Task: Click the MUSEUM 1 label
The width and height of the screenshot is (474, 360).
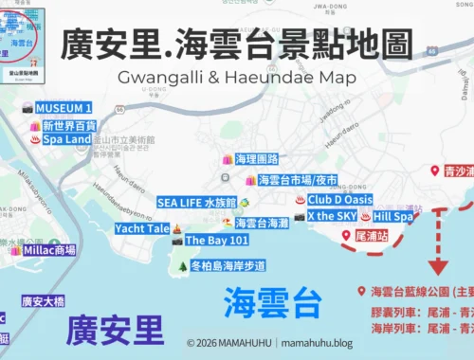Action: tap(64, 109)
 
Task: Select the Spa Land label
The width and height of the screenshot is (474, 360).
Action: tap(65, 139)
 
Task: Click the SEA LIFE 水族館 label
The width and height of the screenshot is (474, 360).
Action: tap(195, 202)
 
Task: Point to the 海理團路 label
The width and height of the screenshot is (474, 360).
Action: tap(256, 159)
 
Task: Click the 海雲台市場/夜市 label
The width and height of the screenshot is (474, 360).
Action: tap(297, 179)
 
